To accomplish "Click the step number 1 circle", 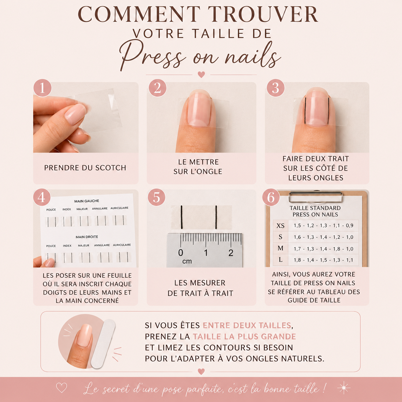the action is coord(42,88).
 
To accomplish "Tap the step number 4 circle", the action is coord(42,197).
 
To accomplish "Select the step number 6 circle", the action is coord(271,197).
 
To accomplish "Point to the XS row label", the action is coord(281,225).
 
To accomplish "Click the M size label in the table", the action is coord(281,248).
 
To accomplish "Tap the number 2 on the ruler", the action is coord(231,253).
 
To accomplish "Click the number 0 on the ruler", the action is coord(181,253).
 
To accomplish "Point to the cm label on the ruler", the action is coord(187,261).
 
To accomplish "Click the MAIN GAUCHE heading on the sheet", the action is coord(87,201).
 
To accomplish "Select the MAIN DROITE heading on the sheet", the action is coord(87,237).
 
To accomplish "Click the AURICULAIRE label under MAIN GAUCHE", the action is coord(119,208).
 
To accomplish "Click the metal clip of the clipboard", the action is coord(316,197).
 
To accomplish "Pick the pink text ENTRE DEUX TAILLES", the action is coord(247,325).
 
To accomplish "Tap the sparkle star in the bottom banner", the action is coord(344,388).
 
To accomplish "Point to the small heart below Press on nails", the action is coord(201,74).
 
